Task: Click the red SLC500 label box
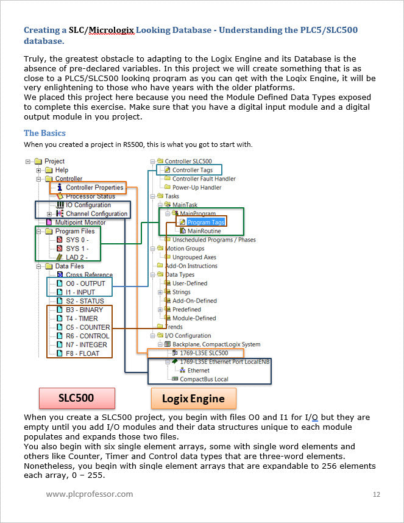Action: click(77, 398)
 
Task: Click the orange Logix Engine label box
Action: click(193, 398)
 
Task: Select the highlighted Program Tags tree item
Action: click(206, 222)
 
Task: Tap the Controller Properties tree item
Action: click(94, 188)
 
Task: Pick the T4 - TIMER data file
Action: click(82, 319)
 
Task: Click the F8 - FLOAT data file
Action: click(82, 354)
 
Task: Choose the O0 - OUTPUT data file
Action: click(85, 283)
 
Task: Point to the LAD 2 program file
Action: click(77, 257)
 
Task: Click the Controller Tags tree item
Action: click(193, 170)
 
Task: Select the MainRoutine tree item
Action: click(204, 231)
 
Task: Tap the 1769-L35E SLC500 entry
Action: click(204, 353)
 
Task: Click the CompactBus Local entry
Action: click(204, 379)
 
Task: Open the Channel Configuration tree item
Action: click(97, 213)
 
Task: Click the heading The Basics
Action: click(44, 133)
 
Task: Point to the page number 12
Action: click(377, 494)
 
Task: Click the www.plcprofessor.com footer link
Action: click(90, 494)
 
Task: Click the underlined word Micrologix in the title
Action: click(112, 30)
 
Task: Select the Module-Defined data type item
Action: click(194, 318)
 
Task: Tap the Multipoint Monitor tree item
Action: click(80, 222)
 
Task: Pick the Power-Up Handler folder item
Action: click(197, 188)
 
